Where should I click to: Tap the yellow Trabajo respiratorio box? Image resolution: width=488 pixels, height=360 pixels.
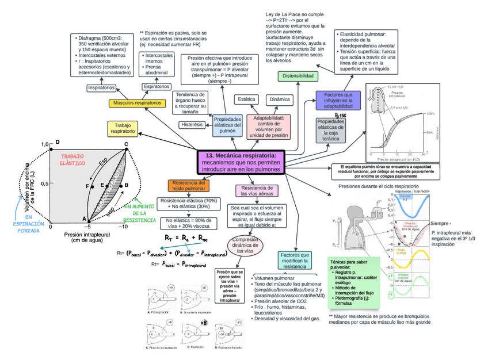[123, 128]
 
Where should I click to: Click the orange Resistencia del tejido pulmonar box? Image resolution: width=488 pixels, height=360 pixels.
[186, 185]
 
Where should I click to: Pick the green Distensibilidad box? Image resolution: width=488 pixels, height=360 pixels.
[298, 76]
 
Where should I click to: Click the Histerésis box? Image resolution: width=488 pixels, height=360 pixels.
[192, 124]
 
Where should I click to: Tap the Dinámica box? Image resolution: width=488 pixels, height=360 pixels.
[280, 99]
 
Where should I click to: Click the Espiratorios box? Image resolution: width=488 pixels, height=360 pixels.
[156, 86]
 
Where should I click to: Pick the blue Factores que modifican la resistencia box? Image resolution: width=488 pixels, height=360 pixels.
[295, 261]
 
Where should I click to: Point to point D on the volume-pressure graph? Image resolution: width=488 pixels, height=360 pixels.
[57, 142]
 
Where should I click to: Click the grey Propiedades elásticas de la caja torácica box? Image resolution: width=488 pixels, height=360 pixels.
[331, 130]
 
